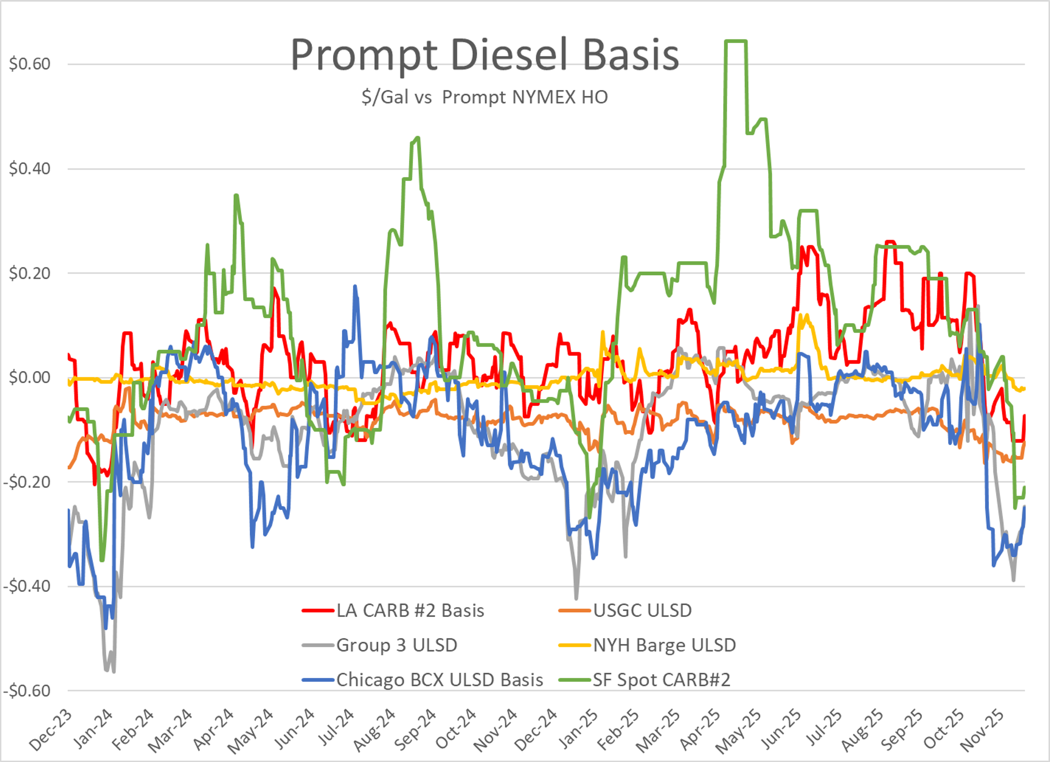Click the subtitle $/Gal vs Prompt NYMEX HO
pyautogui.click(x=484, y=97)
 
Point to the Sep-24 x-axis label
pyautogui.click(x=416, y=729)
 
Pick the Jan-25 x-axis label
pyautogui.click(x=578, y=729)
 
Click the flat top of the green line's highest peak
pyautogui.click(x=736, y=41)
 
